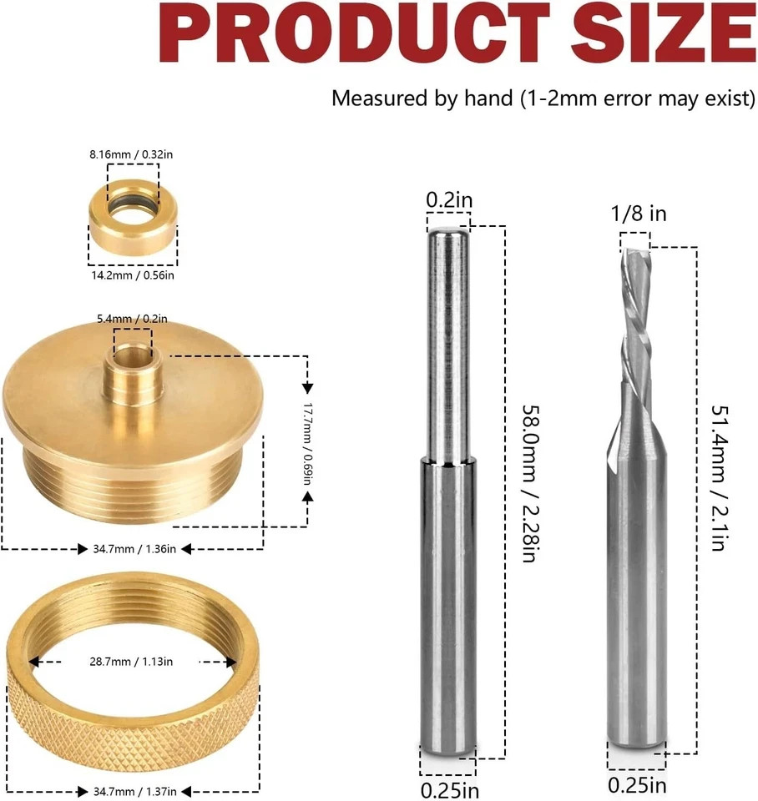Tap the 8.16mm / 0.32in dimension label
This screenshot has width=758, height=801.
click(132, 154)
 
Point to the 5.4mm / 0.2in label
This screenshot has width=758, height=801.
click(133, 318)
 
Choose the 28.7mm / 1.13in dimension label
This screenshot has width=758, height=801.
click(132, 662)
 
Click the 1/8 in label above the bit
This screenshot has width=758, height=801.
click(639, 214)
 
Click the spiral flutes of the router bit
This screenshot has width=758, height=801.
click(635, 325)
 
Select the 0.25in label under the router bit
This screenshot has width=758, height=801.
click(637, 785)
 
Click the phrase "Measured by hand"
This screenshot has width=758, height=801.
click(422, 98)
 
